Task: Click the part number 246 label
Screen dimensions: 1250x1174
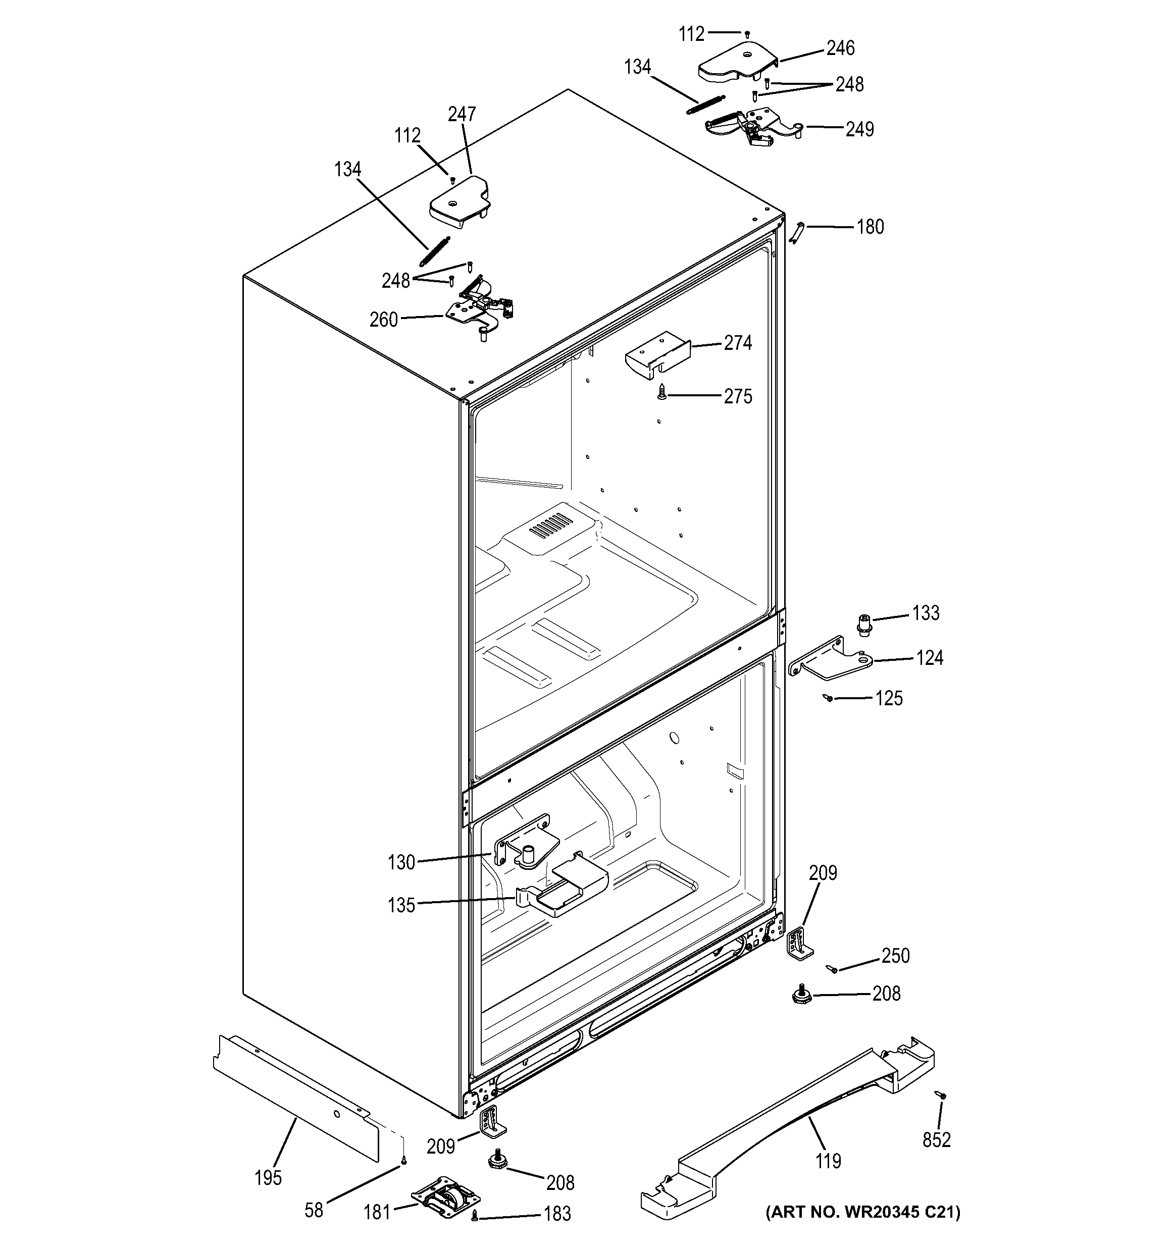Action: coord(840,48)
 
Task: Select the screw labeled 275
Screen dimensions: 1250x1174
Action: coord(661,393)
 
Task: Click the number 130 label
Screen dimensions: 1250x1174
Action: coord(401,862)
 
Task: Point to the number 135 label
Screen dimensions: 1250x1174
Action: coord(401,905)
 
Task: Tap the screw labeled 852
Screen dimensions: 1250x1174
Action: coord(941,1095)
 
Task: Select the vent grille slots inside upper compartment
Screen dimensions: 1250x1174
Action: coord(551,523)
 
